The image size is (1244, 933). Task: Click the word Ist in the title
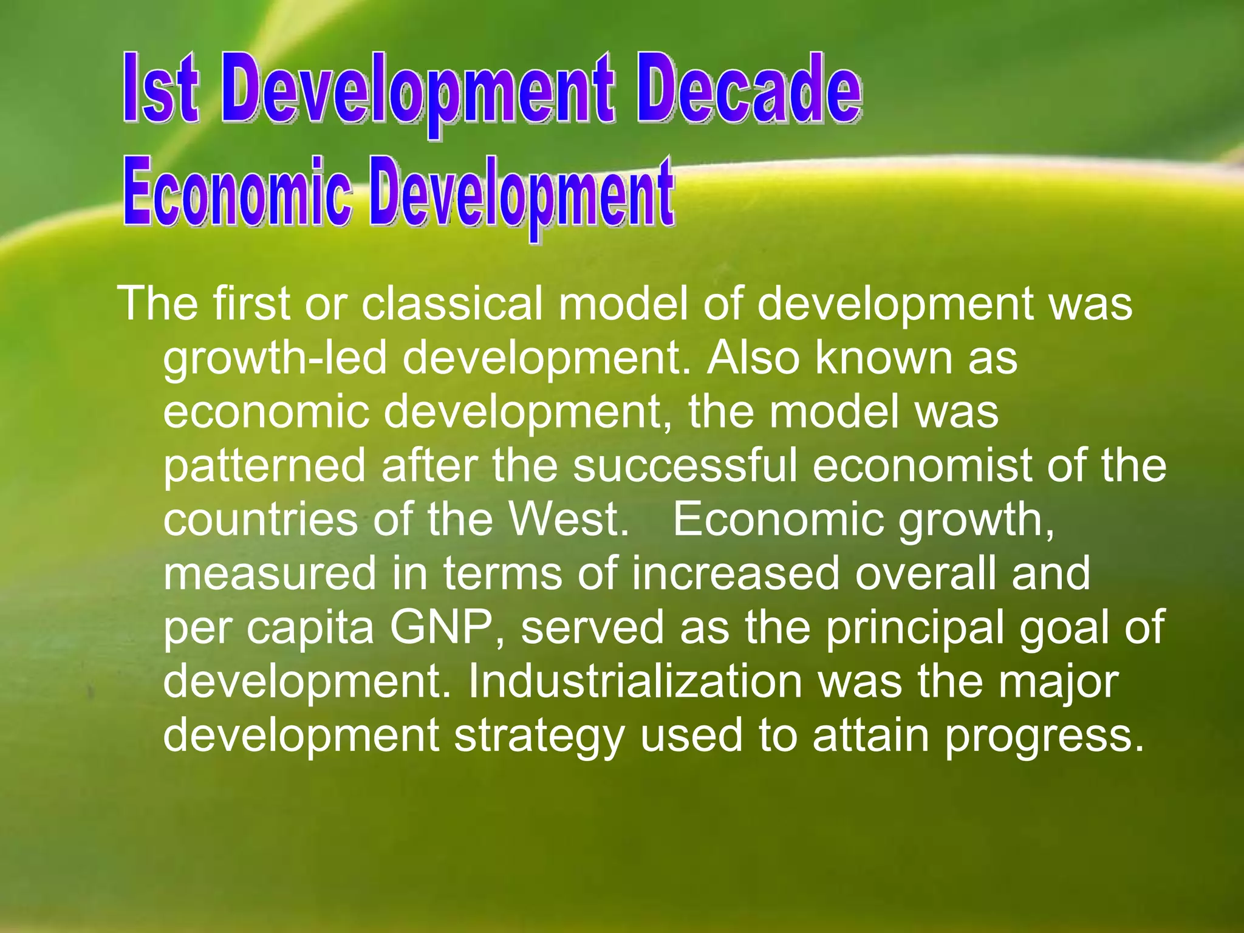pyautogui.click(x=160, y=89)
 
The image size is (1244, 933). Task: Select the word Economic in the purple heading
pyautogui.click(x=238, y=192)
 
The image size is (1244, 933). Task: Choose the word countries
pyautogui.click(x=261, y=519)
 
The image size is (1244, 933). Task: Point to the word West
pyautogui.click(x=568, y=519)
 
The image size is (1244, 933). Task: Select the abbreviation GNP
pyautogui.click(x=446, y=627)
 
